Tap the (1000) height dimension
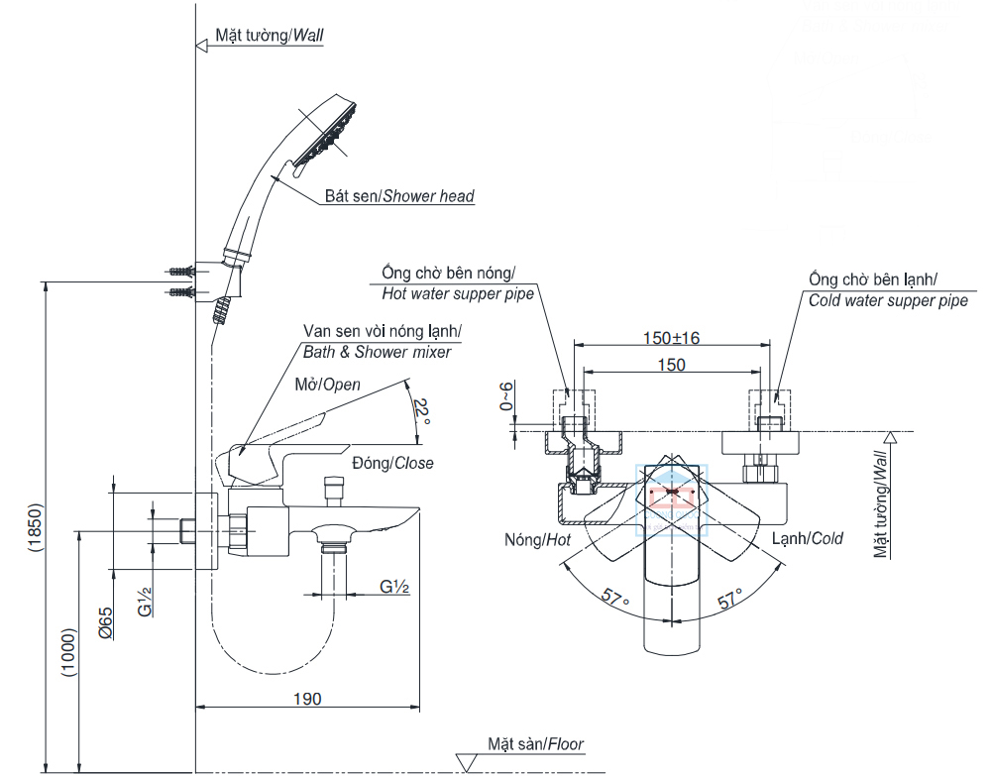pyautogui.click(x=68, y=650)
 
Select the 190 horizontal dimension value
pyautogui.click(x=307, y=699)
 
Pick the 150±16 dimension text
pyautogui.click(x=671, y=338)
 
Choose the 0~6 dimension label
pyautogui.click(x=508, y=396)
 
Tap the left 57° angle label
pyautogui.click(x=616, y=598)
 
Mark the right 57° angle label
pyautogui.click(x=731, y=599)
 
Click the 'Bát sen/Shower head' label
pyautogui.click(x=399, y=196)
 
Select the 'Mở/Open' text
pyautogui.click(x=327, y=385)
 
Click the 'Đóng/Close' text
pyautogui.click(x=392, y=463)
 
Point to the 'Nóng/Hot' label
pyautogui.click(x=538, y=539)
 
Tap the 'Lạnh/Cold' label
pyautogui.click(x=808, y=538)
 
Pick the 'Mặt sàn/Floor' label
pyautogui.click(x=536, y=743)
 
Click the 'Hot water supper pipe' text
pyautogui.click(x=458, y=293)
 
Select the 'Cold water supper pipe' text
pyautogui.click(x=888, y=300)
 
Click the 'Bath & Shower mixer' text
pyautogui.click(x=377, y=352)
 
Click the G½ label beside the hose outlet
pyautogui.click(x=394, y=587)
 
